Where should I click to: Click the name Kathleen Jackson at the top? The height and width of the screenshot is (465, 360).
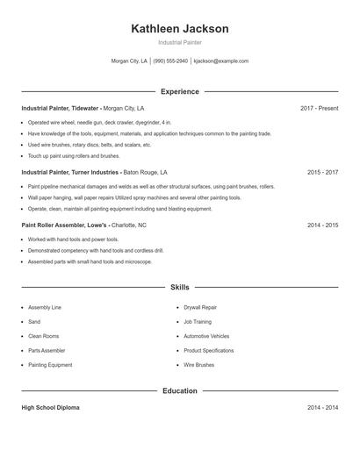pyautogui.click(x=179, y=29)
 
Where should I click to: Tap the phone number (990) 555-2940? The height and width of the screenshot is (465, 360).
pyautogui.click(x=170, y=61)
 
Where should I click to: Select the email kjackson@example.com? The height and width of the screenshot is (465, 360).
pyautogui.click(x=221, y=61)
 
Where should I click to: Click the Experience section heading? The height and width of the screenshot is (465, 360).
pyautogui.click(x=179, y=91)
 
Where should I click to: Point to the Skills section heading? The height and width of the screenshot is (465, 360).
pyautogui.click(x=179, y=287)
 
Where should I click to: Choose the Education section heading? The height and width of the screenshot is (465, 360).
pyautogui.click(x=179, y=390)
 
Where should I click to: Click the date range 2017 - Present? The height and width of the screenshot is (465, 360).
pyautogui.click(x=319, y=108)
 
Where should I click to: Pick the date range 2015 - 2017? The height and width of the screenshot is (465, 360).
pyautogui.click(x=322, y=173)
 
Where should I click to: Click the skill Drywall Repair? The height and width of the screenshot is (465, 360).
pyautogui.click(x=200, y=308)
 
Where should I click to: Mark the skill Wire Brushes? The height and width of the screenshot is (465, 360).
pyautogui.click(x=198, y=364)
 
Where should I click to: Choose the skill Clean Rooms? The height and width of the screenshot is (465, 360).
pyautogui.click(x=43, y=336)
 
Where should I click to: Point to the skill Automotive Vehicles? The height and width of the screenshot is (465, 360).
pyautogui.click(x=206, y=336)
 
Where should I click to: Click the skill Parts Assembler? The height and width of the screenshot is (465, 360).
pyautogui.click(x=47, y=350)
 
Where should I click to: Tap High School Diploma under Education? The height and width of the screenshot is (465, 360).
pyautogui.click(x=50, y=408)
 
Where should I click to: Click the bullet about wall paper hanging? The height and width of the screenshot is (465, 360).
pyautogui.click(x=133, y=197)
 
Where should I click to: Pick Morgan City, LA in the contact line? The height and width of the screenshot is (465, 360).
pyautogui.click(x=129, y=61)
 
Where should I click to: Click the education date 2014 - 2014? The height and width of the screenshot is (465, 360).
pyautogui.click(x=322, y=408)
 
